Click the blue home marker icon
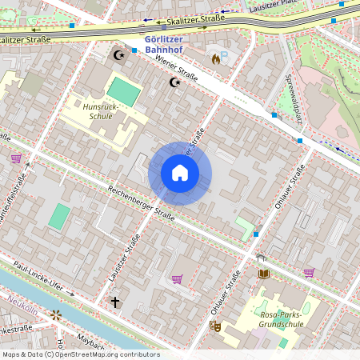(x=180, y=173)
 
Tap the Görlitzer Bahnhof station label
(x=170, y=43)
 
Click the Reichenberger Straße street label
(x=141, y=205)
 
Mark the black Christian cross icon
(x=115, y=302)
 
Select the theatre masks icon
(x=214, y=326)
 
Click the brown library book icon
(x=264, y=274)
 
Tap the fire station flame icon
(x=215, y=58)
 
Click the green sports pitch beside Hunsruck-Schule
(x=123, y=90)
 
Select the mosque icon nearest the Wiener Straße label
(x=175, y=82)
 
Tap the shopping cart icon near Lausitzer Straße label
(x=177, y=278)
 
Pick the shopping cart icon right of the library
(x=309, y=272)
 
